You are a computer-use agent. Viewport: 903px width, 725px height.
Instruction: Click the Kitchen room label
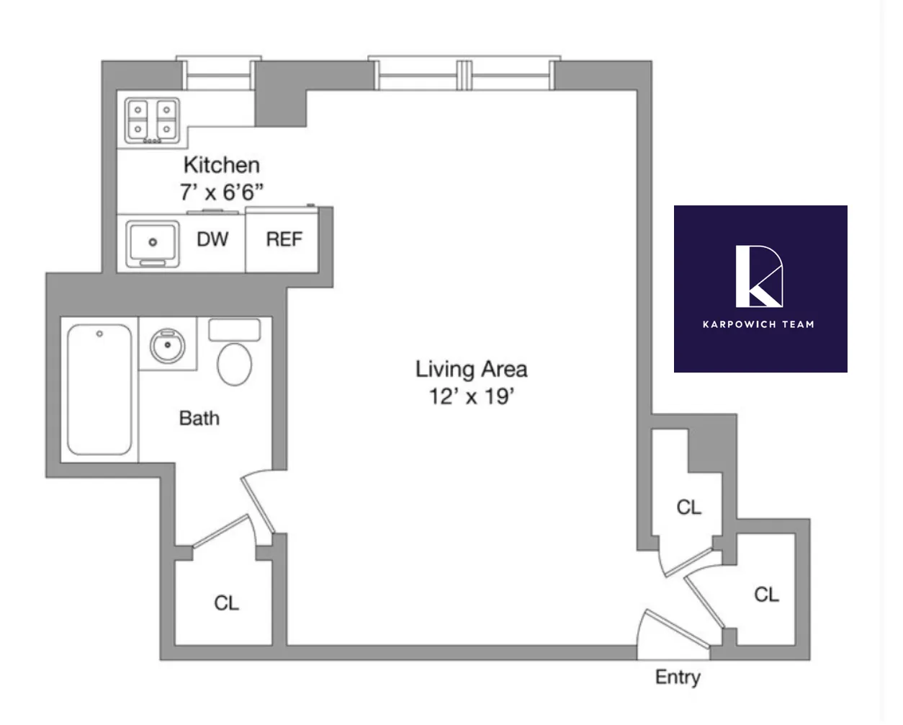click(x=221, y=165)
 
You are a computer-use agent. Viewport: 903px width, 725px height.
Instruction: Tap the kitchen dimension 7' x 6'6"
click(x=221, y=192)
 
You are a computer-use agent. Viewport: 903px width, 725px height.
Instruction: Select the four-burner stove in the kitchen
click(x=152, y=120)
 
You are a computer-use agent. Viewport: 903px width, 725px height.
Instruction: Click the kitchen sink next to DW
click(x=152, y=242)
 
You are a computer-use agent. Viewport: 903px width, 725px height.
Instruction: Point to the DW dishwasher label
click(x=212, y=239)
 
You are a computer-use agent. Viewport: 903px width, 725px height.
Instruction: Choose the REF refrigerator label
click(x=284, y=239)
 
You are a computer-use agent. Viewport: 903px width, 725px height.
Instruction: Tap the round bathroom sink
click(x=167, y=345)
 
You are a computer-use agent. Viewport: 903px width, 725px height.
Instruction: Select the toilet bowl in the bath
click(x=234, y=364)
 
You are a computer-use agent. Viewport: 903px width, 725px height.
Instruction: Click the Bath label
click(x=199, y=418)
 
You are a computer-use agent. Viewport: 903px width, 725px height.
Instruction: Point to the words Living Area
click(x=471, y=369)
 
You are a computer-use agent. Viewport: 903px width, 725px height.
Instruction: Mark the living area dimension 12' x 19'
click(x=471, y=396)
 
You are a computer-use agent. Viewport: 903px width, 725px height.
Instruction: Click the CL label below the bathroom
click(x=226, y=603)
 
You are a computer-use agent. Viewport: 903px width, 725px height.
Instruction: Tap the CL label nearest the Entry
click(x=766, y=595)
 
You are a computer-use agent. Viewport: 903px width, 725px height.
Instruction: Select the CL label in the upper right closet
click(x=688, y=508)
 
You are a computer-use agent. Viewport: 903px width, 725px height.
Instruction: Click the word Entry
click(x=677, y=677)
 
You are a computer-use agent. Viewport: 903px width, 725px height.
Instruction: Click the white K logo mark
click(x=759, y=276)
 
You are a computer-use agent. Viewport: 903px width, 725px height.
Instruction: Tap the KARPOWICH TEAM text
click(x=758, y=324)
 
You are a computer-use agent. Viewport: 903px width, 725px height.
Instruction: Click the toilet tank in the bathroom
click(x=234, y=330)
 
